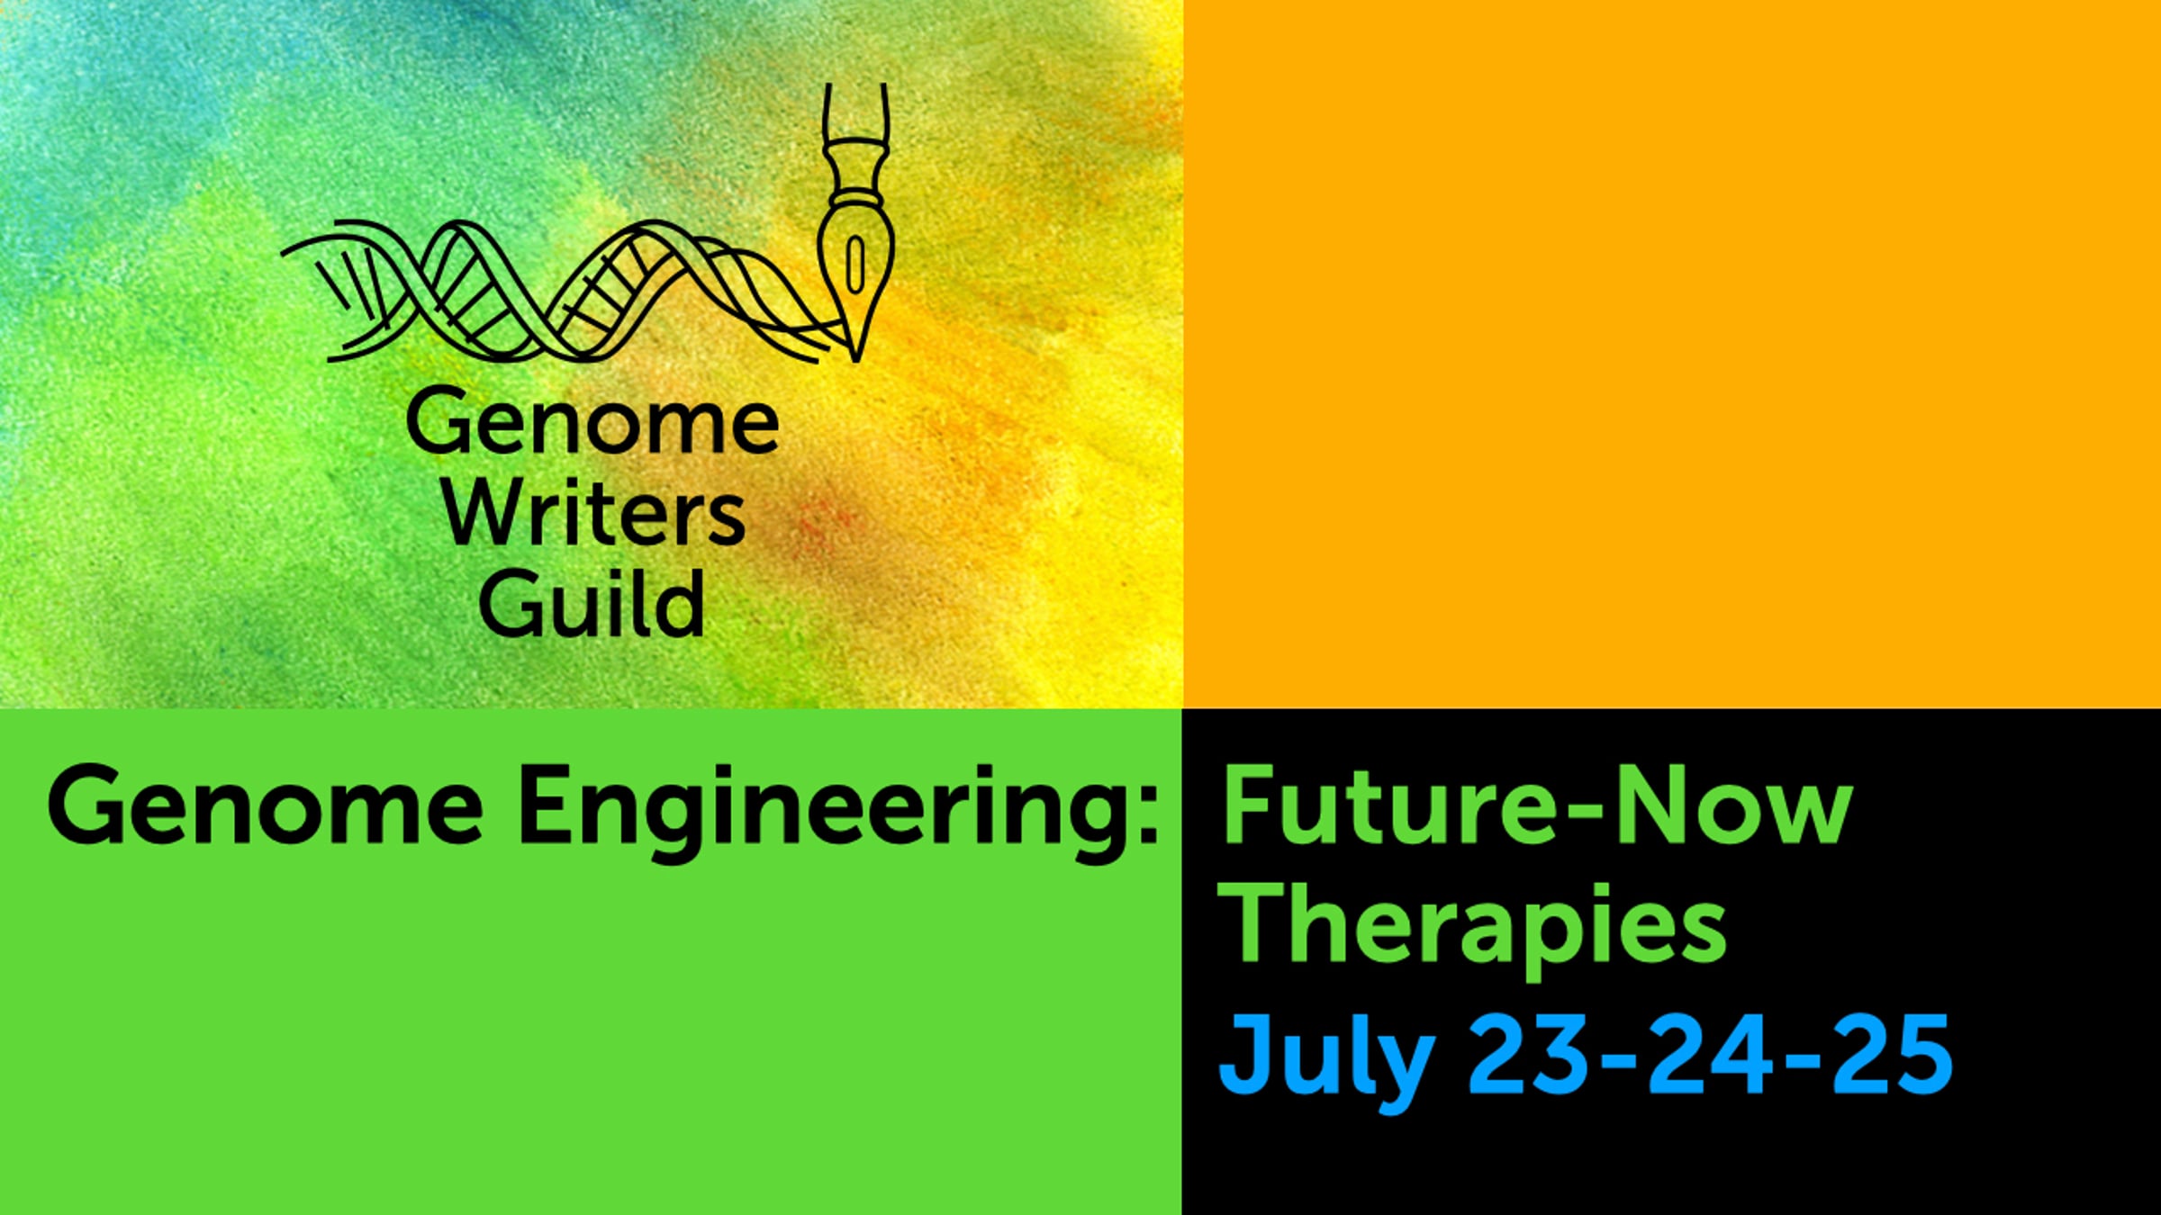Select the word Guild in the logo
tap(592, 601)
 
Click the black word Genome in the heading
tap(266, 804)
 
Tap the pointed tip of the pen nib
tap(855, 361)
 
